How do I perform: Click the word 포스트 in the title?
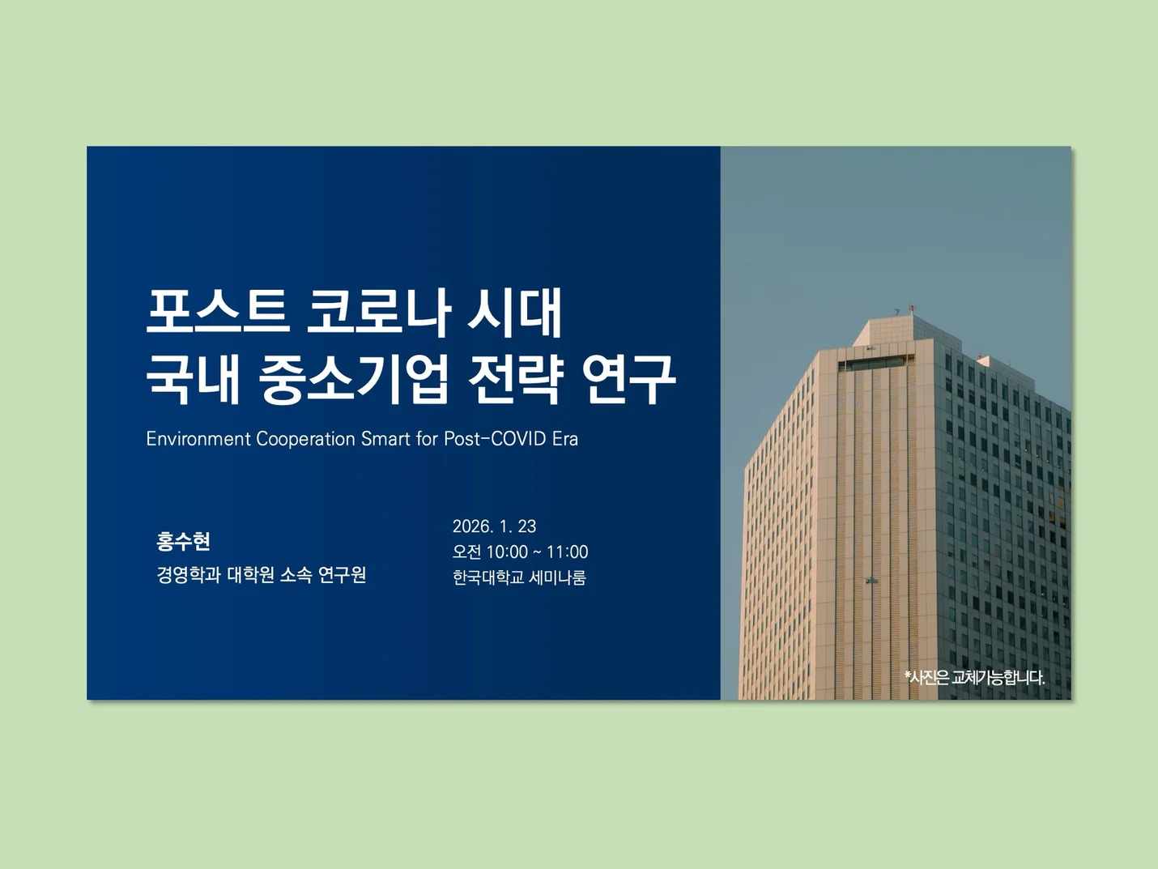217,312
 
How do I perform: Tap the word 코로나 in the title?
377,312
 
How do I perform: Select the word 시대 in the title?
515,312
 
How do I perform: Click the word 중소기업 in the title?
354,378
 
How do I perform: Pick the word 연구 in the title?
628,378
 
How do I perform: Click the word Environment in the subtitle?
198,439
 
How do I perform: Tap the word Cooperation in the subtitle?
305,439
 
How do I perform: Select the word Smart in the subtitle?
385,439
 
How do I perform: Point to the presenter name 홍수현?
184,541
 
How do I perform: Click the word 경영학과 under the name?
189,575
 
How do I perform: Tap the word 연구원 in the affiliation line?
342,575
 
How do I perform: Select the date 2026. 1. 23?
494,526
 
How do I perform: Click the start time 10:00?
507,552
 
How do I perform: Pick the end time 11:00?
567,552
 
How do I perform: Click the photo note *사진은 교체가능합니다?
975,678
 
